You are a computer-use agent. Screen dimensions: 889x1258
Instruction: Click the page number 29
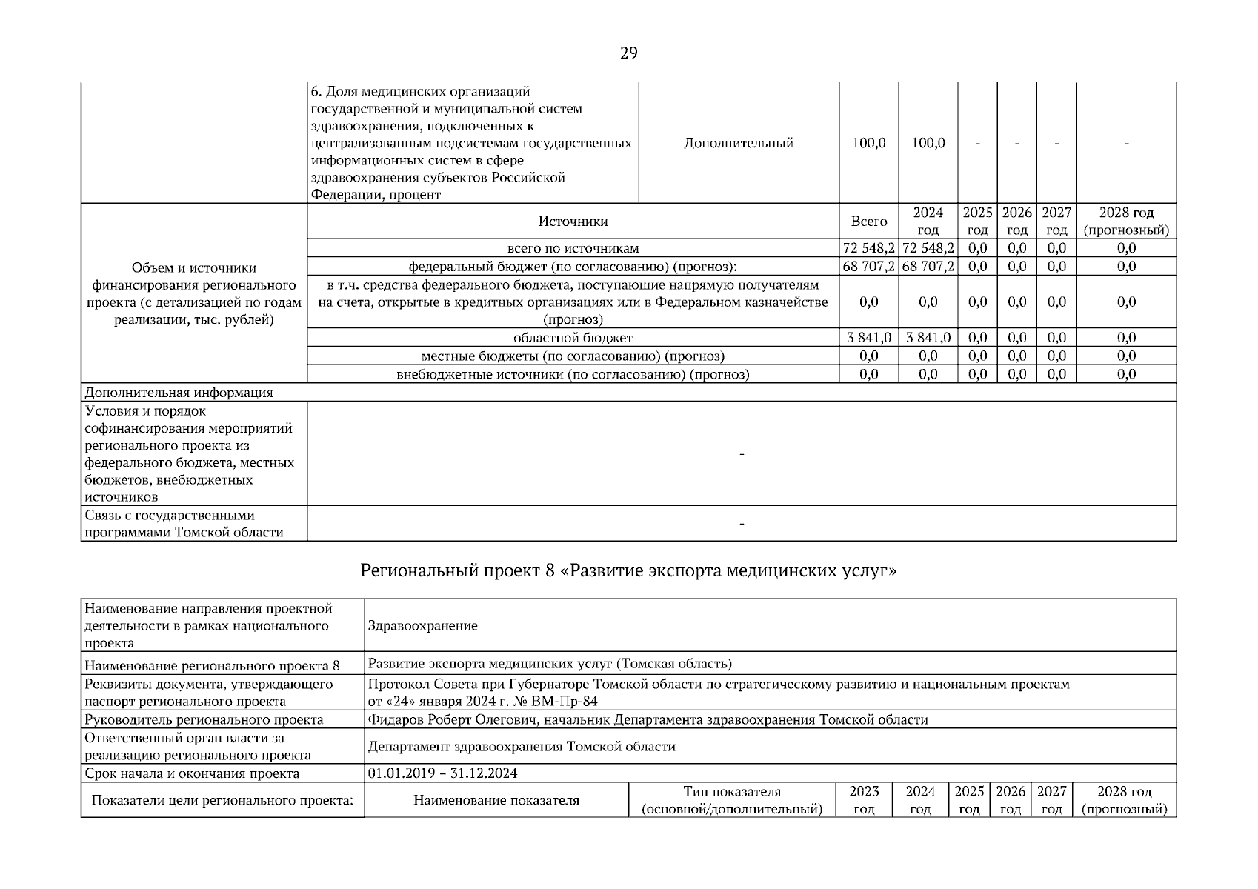(x=628, y=53)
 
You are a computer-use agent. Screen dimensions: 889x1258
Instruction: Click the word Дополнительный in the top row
(x=738, y=143)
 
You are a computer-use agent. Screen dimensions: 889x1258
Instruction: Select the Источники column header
(x=573, y=222)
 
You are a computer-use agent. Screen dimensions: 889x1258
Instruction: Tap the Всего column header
(x=868, y=222)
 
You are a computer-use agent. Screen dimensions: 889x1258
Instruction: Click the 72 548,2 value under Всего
(x=868, y=248)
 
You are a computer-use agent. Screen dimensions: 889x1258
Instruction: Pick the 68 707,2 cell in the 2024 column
(x=928, y=267)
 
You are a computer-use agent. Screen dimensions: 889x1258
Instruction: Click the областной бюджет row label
(x=573, y=338)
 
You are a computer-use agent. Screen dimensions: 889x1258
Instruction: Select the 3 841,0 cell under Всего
(x=868, y=338)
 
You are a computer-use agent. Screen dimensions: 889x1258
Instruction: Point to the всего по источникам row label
(x=573, y=248)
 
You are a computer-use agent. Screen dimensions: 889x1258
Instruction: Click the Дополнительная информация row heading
(x=179, y=393)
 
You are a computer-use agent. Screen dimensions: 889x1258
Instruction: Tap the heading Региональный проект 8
(x=628, y=571)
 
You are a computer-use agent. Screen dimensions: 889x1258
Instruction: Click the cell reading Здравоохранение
(x=422, y=626)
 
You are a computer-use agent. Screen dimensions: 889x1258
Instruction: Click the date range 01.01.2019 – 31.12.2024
(x=442, y=773)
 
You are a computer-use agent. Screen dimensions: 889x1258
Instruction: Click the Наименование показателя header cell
(x=496, y=800)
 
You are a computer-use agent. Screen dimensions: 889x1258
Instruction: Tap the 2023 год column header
(x=864, y=800)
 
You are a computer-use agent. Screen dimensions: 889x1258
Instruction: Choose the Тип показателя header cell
(x=731, y=800)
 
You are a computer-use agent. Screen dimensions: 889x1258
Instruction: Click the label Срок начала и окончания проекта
(x=192, y=773)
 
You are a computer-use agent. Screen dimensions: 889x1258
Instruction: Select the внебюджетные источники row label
(x=573, y=374)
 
